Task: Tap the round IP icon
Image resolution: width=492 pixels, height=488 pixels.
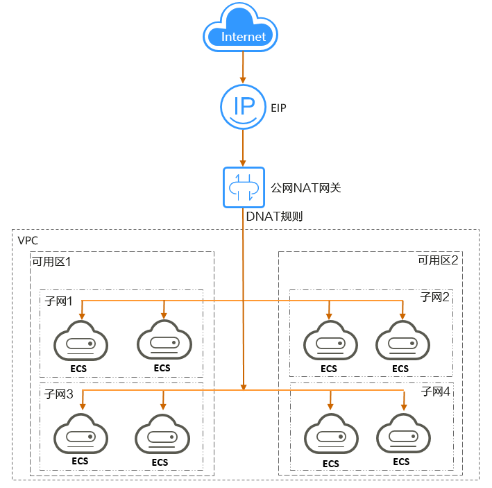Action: [243, 107]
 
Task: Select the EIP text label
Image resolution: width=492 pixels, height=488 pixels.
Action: [278, 108]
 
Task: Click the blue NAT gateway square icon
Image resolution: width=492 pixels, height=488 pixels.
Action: [244, 187]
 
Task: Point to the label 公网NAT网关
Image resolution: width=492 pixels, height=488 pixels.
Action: [305, 187]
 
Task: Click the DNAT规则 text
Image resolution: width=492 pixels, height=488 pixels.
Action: [274, 217]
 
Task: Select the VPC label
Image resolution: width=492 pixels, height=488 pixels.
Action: [28, 240]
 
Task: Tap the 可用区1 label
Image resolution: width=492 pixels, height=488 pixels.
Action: [51, 262]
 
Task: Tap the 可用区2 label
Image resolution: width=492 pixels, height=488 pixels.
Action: [438, 261]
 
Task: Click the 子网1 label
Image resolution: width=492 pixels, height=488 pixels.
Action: [59, 301]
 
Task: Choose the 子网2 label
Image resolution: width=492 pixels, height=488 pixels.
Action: [435, 297]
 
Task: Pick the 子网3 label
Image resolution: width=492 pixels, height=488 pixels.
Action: [59, 394]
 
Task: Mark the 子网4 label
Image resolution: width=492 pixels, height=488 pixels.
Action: [435, 392]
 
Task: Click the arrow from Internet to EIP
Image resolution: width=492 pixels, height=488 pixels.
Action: [243, 67]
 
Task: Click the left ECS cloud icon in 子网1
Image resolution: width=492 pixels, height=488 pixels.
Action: [81, 342]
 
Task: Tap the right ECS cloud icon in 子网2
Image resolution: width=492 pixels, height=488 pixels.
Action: [402, 342]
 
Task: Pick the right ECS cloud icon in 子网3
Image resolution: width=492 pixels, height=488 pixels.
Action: [162, 436]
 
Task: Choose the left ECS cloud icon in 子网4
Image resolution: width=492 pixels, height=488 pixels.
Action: [330, 436]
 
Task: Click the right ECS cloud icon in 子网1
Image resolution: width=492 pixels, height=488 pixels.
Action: [163, 342]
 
